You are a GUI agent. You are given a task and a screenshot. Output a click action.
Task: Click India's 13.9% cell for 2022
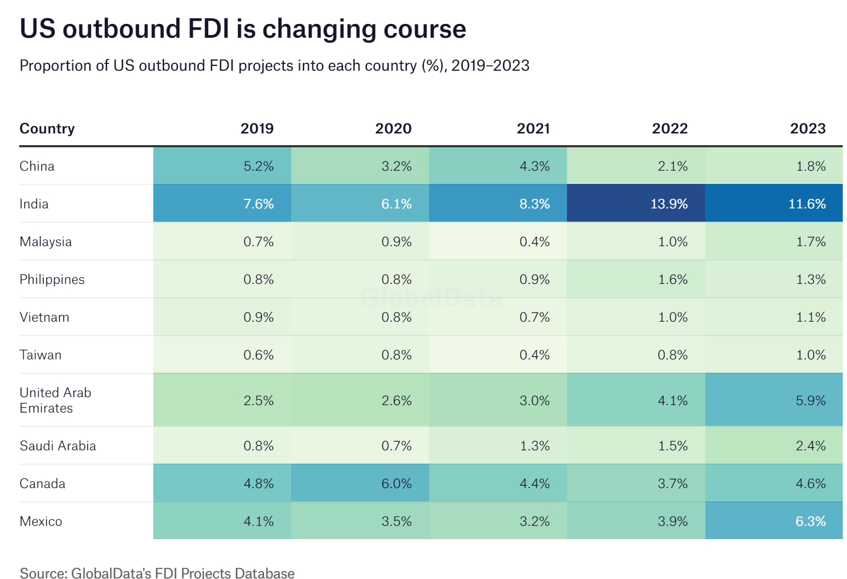(x=669, y=204)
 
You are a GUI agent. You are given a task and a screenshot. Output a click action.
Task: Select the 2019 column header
(x=257, y=129)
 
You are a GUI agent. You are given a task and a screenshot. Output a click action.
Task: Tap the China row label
(x=37, y=166)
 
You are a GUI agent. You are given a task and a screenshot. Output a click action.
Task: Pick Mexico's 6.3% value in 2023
(x=810, y=521)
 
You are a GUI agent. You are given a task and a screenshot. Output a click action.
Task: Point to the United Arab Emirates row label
(x=55, y=400)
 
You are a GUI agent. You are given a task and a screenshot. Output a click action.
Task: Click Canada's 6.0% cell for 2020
(x=396, y=483)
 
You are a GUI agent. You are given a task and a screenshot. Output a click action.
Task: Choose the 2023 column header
(x=808, y=129)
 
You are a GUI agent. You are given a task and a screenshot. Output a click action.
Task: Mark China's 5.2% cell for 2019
(x=258, y=166)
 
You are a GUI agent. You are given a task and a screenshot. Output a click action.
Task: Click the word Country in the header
(x=47, y=129)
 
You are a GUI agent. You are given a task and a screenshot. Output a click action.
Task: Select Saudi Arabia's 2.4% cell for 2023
(x=810, y=446)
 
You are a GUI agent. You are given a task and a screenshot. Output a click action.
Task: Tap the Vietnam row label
(x=44, y=317)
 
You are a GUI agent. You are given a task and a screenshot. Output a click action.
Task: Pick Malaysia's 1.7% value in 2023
(x=810, y=242)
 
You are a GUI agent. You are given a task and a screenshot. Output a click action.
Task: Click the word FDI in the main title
(x=209, y=29)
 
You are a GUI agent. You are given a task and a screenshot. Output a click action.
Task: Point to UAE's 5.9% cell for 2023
(x=810, y=400)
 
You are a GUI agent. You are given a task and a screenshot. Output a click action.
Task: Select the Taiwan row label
(x=40, y=355)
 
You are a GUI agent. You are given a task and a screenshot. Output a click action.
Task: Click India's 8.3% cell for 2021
(x=534, y=204)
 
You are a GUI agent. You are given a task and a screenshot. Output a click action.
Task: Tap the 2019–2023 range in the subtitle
(x=490, y=65)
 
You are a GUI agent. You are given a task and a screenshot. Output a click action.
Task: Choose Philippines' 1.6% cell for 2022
(x=672, y=280)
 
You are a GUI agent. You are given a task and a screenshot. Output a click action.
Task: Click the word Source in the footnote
(x=43, y=573)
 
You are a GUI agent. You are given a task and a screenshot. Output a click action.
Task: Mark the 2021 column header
(x=533, y=129)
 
